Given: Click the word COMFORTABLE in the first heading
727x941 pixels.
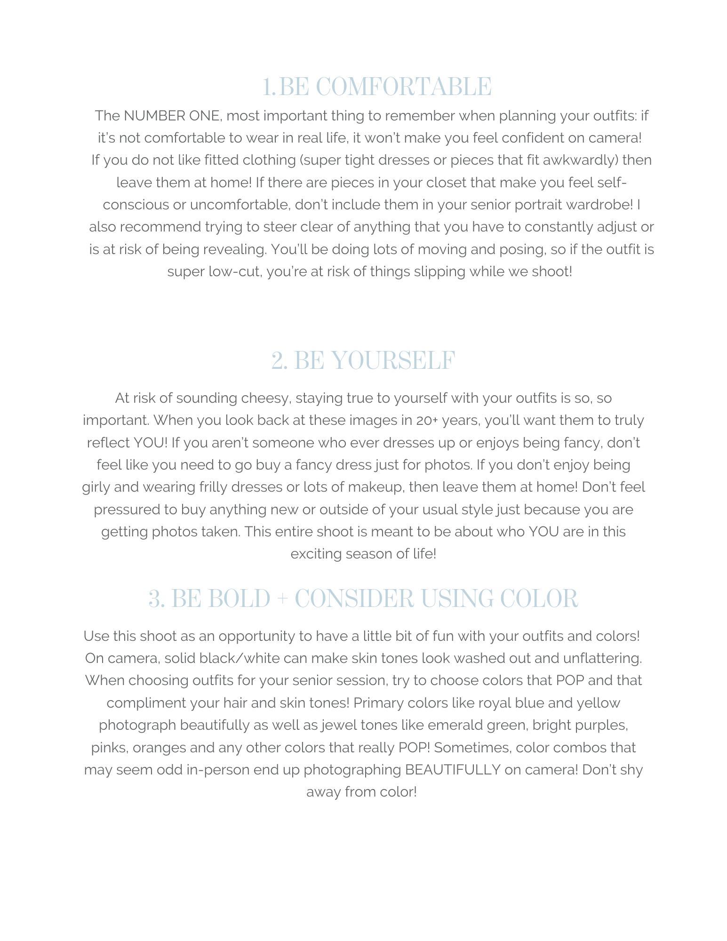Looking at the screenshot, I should coord(403,87).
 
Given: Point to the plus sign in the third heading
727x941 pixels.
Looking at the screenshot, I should coord(282,599).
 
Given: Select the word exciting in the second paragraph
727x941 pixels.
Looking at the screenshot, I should coord(316,554).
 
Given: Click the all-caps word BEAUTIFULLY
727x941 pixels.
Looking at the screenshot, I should coord(452,770).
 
